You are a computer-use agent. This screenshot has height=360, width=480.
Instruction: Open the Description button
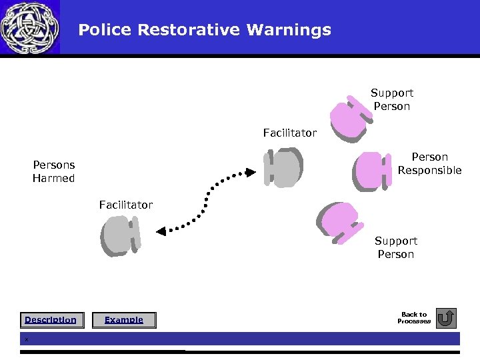[x=51, y=320]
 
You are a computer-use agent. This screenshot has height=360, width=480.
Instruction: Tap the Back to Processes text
[x=414, y=318]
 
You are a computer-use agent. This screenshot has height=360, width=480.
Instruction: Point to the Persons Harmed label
[x=54, y=171]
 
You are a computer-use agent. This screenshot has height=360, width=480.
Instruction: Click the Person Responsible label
[x=429, y=164]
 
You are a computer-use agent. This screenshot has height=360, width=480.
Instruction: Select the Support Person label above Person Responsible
[x=392, y=99]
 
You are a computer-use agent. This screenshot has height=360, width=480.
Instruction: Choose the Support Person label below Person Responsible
[x=396, y=247]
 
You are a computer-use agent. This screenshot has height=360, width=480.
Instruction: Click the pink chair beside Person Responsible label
[x=371, y=171]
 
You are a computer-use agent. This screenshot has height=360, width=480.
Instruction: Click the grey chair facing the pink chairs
[x=283, y=167]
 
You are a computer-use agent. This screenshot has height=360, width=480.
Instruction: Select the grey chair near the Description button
[x=121, y=236]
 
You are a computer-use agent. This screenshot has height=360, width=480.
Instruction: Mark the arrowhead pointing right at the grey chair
[x=251, y=172]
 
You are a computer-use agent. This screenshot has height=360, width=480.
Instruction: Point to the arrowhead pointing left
[x=161, y=231]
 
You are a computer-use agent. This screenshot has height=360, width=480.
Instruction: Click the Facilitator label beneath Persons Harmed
[x=126, y=205]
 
